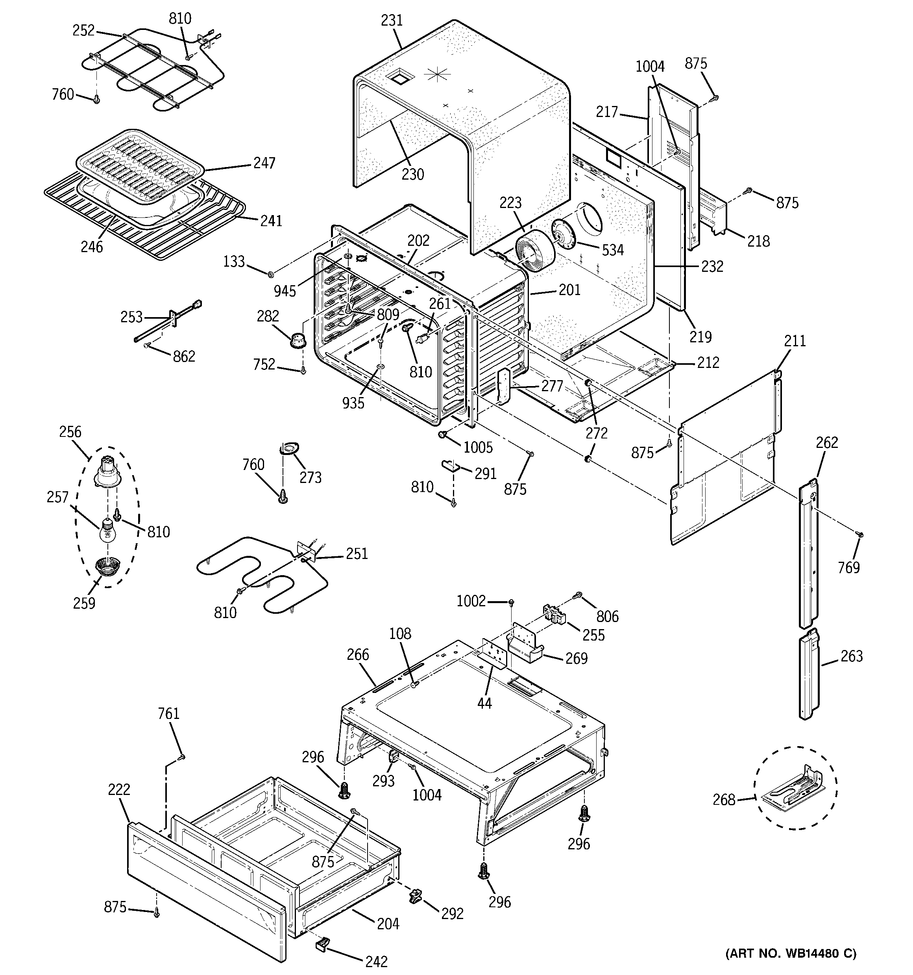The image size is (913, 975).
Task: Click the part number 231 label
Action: pyautogui.click(x=392, y=20)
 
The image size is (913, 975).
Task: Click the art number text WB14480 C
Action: pyautogui.click(x=791, y=953)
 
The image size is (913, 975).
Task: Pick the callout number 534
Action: pyautogui.click(x=613, y=250)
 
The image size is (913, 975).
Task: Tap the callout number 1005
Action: pyautogui.click(x=478, y=447)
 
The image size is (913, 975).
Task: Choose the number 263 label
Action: pyautogui.click(x=851, y=656)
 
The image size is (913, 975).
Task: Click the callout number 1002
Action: pyautogui.click(x=471, y=601)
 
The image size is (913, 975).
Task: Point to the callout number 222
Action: pyautogui.click(x=119, y=789)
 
